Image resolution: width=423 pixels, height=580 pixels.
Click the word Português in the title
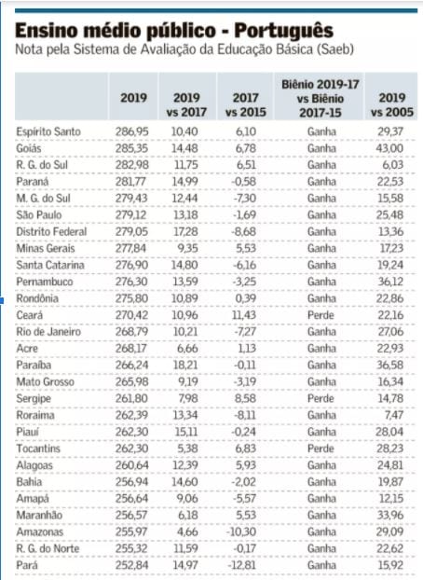pyautogui.click(x=283, y=32)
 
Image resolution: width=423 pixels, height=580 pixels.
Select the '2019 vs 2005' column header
pyautogui.click(x=392, y=104)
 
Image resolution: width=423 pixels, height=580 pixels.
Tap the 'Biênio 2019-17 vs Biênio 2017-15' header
pyautogui.click(x=321, y=99)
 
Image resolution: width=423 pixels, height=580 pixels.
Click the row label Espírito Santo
pyautogui.click(x=48, y=131)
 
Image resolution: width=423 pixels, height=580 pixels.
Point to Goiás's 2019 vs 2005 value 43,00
pyautogui.click(x=390, y=148)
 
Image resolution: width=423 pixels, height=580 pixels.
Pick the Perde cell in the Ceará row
pyautogui.click(x=321, y=315)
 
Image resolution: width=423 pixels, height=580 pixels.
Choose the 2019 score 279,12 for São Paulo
pyautogui.click(x=130, y=214)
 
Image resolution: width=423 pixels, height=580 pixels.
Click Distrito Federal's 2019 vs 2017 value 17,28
pyautogui.click(x=185, y=231)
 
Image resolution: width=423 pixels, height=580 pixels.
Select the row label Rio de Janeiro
pyautogui.click(x=48, y=332)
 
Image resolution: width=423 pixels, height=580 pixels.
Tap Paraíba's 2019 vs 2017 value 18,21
pyautogui.click(x=185, y=366)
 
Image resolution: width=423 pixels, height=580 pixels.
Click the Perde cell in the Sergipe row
pyautogui.click(x=321, y=398)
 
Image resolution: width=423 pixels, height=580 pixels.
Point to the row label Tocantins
pyautogui.click(x=38, y=449)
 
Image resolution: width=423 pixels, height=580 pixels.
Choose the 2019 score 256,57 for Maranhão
pyautogui.click(x=130, y=516)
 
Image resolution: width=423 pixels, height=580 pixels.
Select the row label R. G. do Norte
pyautogui.click(x=48, y=548)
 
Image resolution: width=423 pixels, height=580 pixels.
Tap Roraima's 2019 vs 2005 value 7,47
pyautogui.click(x=394, y=415)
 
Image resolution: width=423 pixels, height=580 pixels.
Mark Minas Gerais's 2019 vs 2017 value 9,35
pyautogui.click(x=187, y=248)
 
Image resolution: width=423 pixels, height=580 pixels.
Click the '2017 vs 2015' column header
pyautogui.click(x=246, y=104)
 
